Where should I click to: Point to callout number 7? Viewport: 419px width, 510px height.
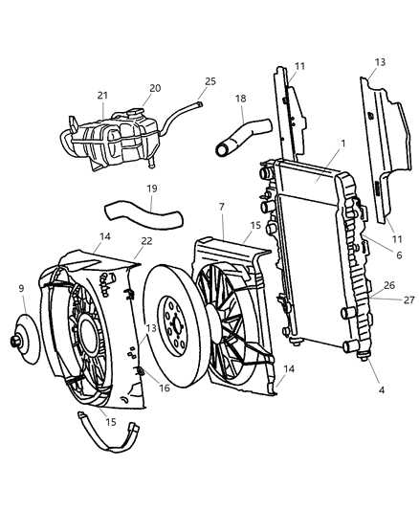[x=222, y=206]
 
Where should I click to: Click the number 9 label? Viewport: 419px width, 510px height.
[x=21, y=288]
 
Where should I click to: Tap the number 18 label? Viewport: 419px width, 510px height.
[x=241, y=99]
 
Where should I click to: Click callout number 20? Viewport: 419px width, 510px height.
[x=154, y=88]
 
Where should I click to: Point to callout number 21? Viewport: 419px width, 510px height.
[x=102, y=95]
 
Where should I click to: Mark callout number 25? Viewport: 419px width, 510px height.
[x=210, y=81]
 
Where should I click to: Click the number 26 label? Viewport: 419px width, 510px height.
[x=388, y=285]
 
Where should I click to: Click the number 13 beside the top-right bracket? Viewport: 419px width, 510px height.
[x=380, y=62]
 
